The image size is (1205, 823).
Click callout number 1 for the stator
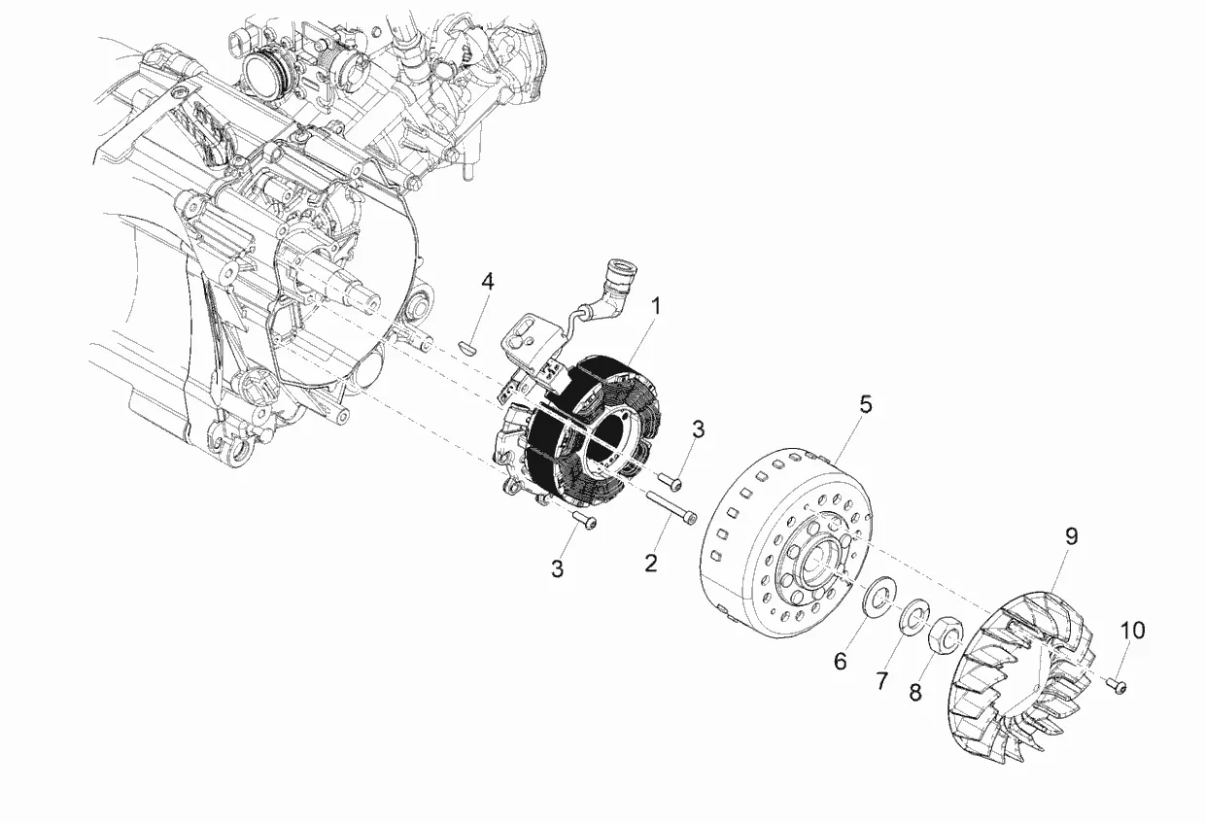655,307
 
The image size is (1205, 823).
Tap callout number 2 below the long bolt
651,564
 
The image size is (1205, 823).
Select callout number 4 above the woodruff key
488,282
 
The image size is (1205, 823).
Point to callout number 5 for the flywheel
865,404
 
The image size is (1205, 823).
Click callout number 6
841,661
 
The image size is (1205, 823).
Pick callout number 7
881,681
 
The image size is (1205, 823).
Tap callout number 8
915,692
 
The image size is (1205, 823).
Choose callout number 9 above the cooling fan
1072,536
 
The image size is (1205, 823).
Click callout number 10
1132,631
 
